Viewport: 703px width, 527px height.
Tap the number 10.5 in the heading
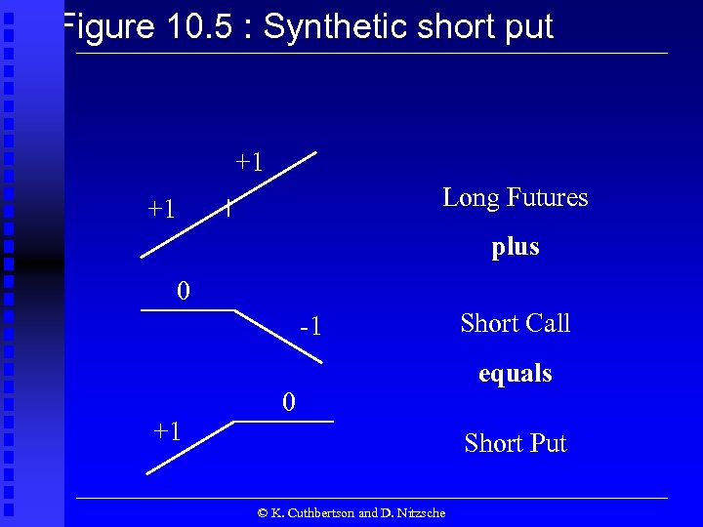[x=200, y=26]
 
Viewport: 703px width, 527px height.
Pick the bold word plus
[x=516, y=247]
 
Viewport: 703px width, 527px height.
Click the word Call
[x=546, y=323]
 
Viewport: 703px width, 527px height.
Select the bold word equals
[x=516, y=373]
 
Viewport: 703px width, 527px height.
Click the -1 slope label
[x=310, y=327]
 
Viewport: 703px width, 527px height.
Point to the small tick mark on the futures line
[x=227, y=207]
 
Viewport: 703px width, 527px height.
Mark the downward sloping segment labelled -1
[x=277, y=338]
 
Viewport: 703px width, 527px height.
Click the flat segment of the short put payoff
[x=283, y=421]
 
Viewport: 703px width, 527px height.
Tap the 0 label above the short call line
[x=183, y=291]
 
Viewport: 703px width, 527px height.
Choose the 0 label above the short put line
[x=287, y=402]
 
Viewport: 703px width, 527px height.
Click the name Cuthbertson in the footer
[x=319, y=512]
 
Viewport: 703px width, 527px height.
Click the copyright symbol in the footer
[x=262, y=512]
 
